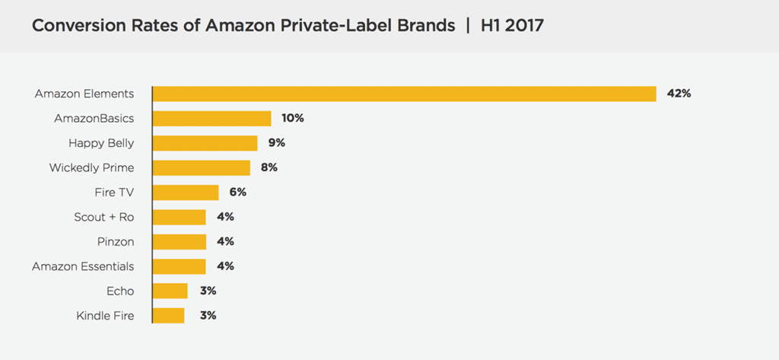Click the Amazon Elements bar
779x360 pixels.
404,94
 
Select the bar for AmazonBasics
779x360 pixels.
212,119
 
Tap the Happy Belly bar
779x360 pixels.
205,143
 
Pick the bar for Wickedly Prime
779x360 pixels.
202,167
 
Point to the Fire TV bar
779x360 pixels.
186,193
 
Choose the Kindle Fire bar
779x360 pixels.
169,315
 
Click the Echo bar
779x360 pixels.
170,291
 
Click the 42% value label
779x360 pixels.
679,94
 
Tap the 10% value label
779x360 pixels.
294,119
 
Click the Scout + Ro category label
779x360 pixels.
104,217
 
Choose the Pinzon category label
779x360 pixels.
116,241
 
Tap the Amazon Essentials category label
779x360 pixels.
83,266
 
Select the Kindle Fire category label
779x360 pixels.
105,315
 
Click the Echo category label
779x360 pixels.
121,291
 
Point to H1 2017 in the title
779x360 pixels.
512,26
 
